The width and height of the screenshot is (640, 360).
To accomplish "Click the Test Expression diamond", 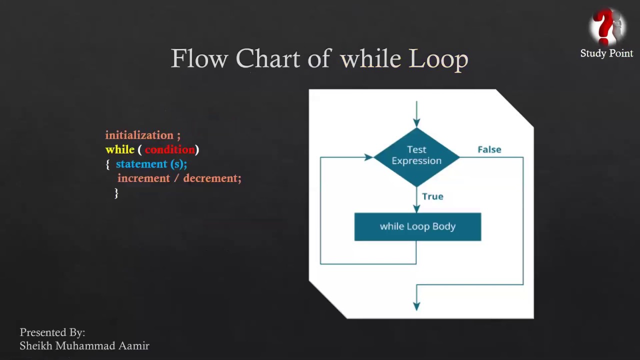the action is [x=416, y=157].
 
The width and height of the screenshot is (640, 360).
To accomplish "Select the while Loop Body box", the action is [x=417, y=226].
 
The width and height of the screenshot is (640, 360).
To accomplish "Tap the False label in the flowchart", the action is [x=489, y=149].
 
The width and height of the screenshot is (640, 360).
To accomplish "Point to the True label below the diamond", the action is [x=433, y=196].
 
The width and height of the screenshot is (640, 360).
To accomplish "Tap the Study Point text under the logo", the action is [x=606, y=53].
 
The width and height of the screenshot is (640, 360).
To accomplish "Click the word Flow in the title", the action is [x=199, y=58].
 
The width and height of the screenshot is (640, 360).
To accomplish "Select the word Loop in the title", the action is [x=438, y=59].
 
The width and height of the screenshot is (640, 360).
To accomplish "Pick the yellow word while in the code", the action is [x=119, y=149].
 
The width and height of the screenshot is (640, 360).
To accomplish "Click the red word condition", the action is [x=169, y=149].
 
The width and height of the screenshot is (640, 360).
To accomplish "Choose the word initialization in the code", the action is [x=139, y=135].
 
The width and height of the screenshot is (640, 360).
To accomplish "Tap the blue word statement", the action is [x=141, y=164].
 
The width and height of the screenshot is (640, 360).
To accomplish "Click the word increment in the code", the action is [x=143, y=178].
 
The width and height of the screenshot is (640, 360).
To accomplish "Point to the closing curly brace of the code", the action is [x=116, y=193].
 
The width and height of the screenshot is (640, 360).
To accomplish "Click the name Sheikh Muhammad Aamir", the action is [x=84, y=345].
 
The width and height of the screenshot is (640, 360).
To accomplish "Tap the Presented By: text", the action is [x=52, y=332].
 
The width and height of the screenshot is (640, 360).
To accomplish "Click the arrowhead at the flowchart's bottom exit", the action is [x=416, y=306].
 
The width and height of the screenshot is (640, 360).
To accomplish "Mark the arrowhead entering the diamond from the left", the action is [x=369, y=157].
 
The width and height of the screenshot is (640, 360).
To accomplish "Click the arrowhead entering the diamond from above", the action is [x=416, y=123].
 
